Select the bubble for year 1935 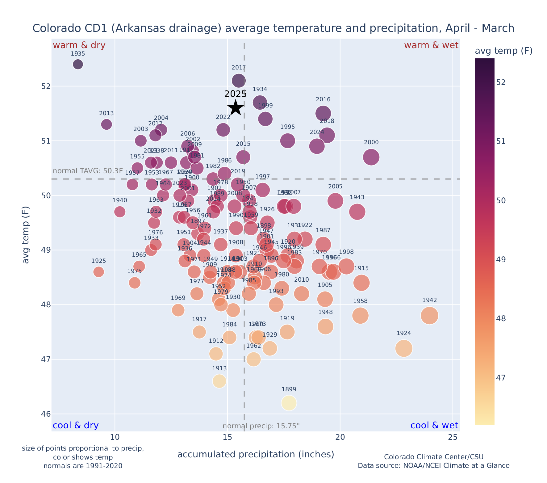[x=78, y=64]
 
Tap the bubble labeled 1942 [x=429, y=315]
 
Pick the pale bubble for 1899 [x=289, y=403]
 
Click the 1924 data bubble [x=403, y=348]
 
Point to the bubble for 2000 [x=371, y=157]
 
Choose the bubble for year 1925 [x=98, y=272]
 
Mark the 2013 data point [x=106, y=124]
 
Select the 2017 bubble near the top [x=239, y=81]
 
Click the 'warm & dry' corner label [x=79, y=45]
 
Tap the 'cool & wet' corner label [x=434, y=426]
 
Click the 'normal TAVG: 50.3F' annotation [x=88, y=171]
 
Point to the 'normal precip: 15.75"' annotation [x=261, y=426]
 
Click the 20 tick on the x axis [x=340, y=437]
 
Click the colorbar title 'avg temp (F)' [x=503, y=51]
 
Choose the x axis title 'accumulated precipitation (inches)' [x=256, y=454]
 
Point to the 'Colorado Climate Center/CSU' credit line [x=433, y=457]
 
